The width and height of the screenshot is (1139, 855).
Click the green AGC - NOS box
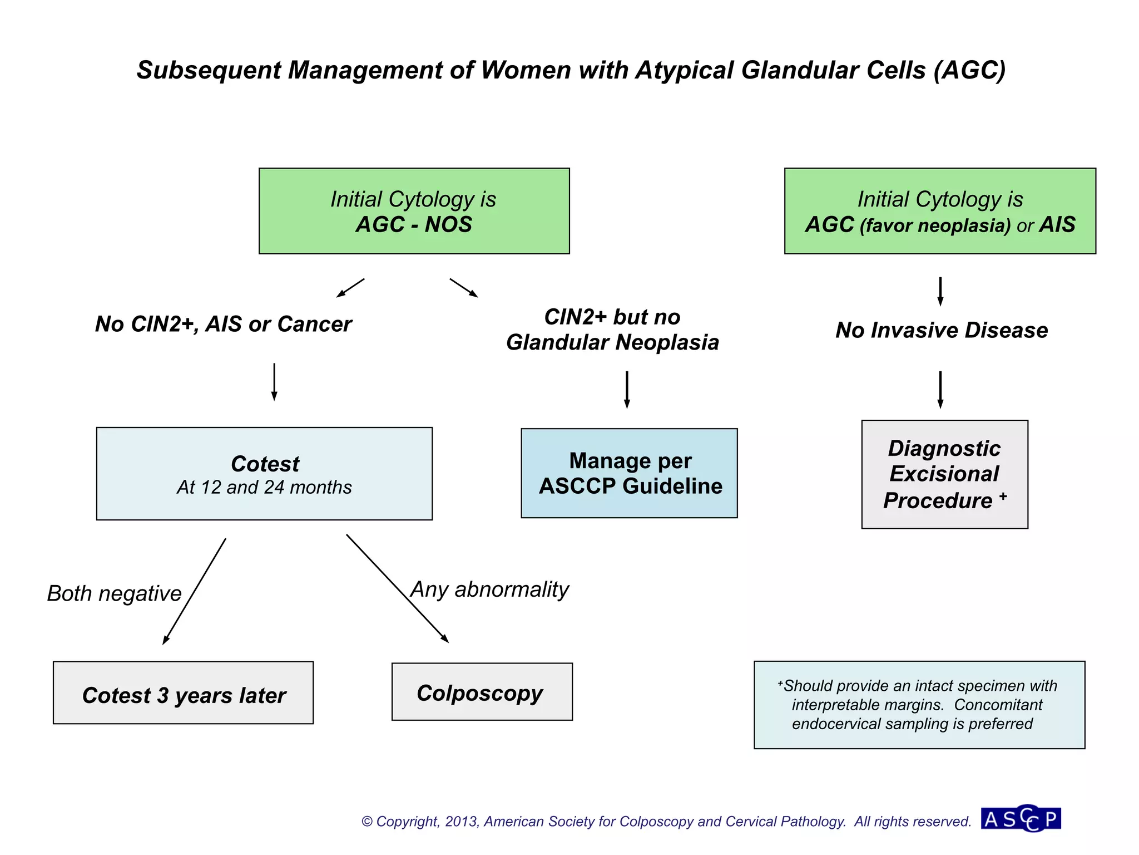[x=414, y=211]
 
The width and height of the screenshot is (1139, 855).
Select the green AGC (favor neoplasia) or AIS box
[x=940, y=211]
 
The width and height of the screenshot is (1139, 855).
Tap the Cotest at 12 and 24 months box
[x=264, y=474]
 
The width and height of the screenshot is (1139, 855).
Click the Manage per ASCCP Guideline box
[x=629, y=473]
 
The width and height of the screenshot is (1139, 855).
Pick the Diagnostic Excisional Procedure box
[x=944, y=474]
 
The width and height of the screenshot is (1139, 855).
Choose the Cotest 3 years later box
[x=183, y=693]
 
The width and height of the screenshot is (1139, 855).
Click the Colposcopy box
[x=482, y=692]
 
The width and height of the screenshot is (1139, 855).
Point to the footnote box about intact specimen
[x=919, y=705]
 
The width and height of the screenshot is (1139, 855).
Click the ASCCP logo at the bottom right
[x=1021, y=819]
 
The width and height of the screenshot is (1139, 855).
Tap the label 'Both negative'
[x=114, y=593]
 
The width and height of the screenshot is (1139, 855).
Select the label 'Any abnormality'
[x=490, y=589]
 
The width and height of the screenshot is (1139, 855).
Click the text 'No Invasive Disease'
[x=941, y=330]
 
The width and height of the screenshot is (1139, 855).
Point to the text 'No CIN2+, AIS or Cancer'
[x=223, y=324]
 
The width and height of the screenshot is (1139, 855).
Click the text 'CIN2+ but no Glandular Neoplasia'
[x=612, y=330]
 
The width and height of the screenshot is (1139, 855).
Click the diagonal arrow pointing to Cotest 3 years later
[x=195, y=591]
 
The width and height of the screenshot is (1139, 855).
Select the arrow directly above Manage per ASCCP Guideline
[x=627, y=390]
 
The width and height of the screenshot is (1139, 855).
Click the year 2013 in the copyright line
[x=462, y=822]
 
